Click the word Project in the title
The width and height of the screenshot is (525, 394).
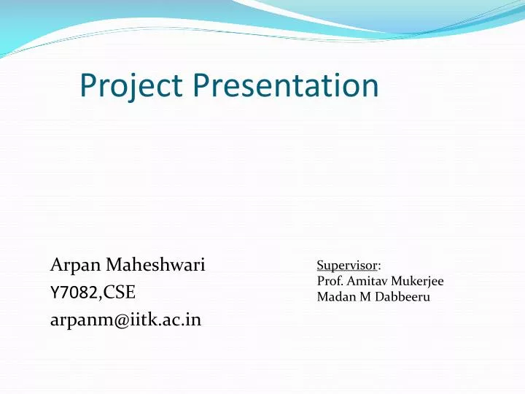click(x=133, y=86)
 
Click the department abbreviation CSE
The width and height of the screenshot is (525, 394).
click(x=120, y=293)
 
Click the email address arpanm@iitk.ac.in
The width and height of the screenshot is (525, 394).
click(x=125, y=320)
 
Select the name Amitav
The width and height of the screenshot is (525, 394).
click(x=365, y=281)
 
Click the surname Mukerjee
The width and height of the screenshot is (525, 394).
click(x=416, y=281)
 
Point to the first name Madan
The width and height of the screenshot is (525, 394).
click(x=332, y=297)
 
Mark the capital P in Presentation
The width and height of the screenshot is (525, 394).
click(x=203, y=86)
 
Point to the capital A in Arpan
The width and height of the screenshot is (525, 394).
click(x=56, y=264)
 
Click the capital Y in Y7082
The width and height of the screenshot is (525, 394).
click(x=53, y=293)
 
